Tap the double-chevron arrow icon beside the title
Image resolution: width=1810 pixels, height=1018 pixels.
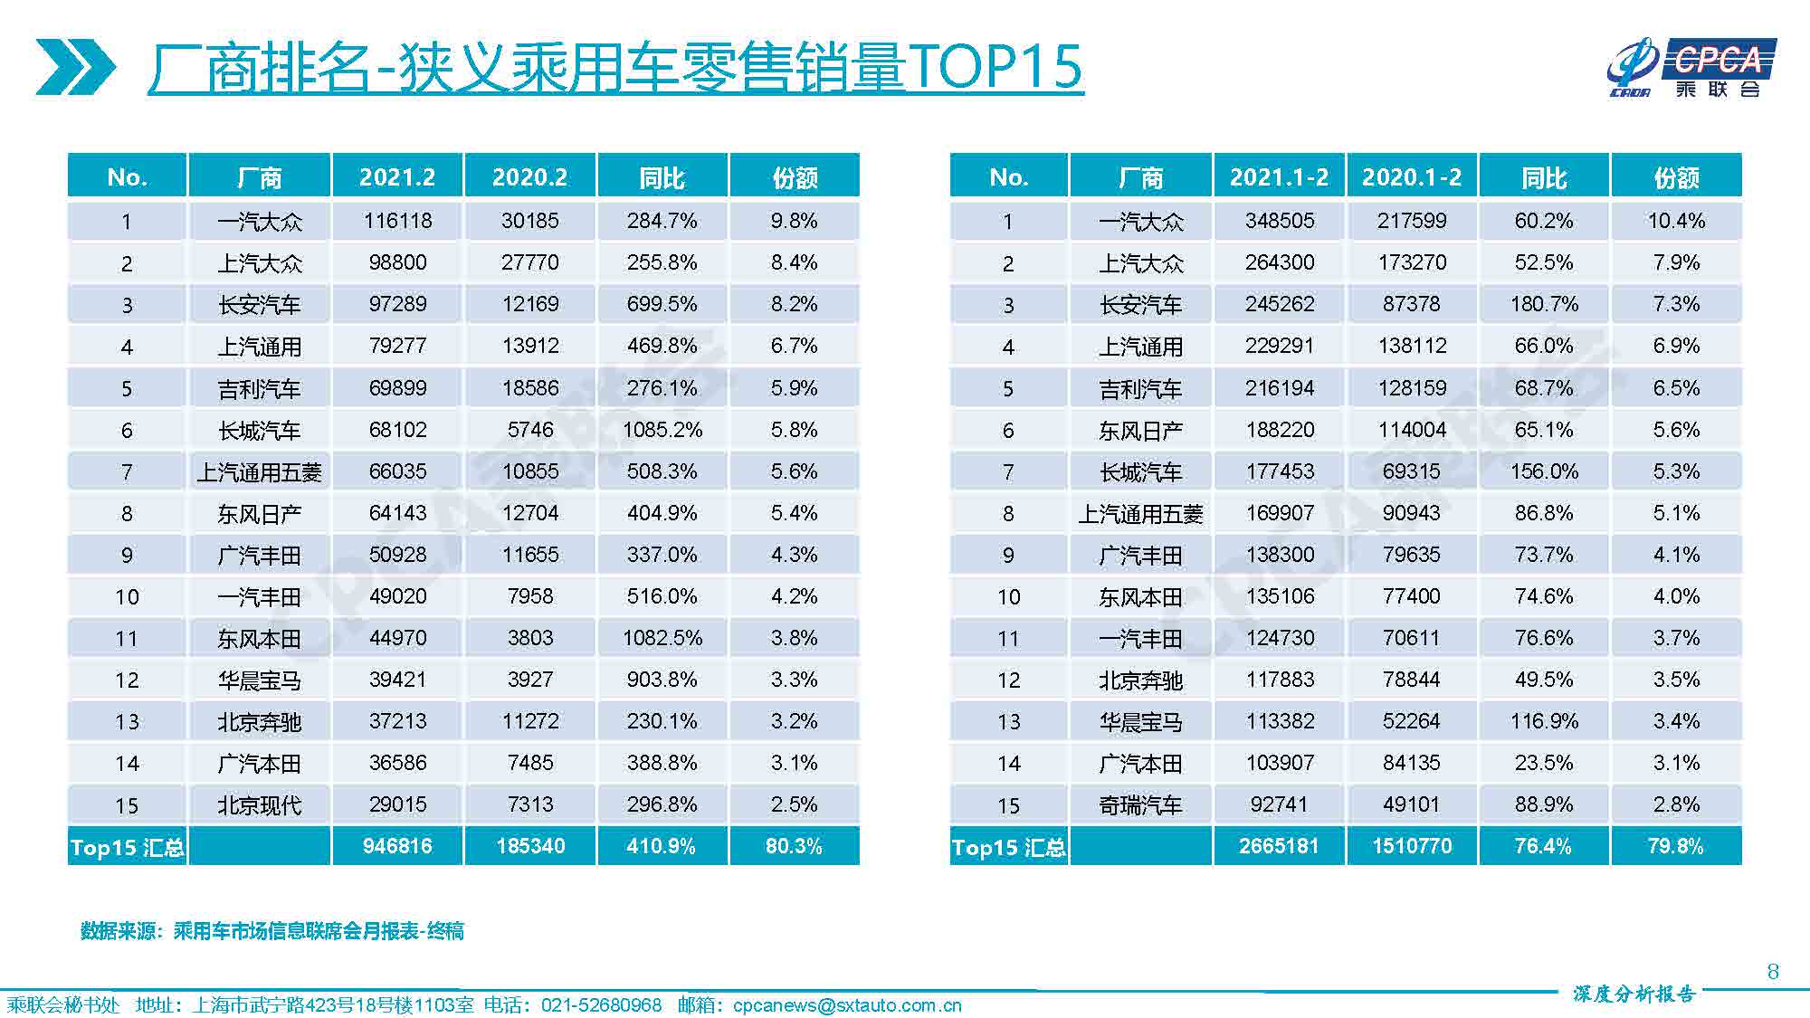pyautogui.click(x=76, y=68)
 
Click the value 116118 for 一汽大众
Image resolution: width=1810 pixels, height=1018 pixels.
pyautogui.click(x=397, y=221)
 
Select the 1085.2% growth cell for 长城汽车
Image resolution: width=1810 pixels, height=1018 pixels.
pyautogui.click(x=662, y=430)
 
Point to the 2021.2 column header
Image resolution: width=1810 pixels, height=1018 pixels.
pyautogui.click(x=397, y=176)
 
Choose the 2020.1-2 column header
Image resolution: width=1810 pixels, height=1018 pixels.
pyautogui.click(x=1412, y=176)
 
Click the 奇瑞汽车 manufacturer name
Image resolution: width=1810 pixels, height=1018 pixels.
pyautogui.click(x=1140, y=805)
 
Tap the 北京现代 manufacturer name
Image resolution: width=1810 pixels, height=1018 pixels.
pyautogui.click(x=259, y=805)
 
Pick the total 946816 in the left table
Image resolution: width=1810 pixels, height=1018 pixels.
pyautogui.click(x=397, y=846)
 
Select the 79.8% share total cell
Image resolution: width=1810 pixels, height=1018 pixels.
pyautogui.click(x=1676, y=846)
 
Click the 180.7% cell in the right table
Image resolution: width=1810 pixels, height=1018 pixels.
pyautogui.click(x=1544, y=304)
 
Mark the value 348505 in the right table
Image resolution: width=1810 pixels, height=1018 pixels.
pyautogui.click(x=1279, y=221)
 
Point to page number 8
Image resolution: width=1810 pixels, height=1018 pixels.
pyautogui.click(x=1773, y=972)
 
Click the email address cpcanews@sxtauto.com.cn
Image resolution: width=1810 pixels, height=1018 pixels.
pyautogui.click(x=847, y=1005)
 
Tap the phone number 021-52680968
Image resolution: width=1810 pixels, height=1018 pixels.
pyautogui.click(x=601, y=1005)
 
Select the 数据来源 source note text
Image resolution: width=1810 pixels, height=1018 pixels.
pyautogui.click(x=271, y=931)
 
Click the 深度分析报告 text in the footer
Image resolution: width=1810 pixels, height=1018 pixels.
pyautogui.click(x=1634, y=994)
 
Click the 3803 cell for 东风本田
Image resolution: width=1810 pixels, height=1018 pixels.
pyautogui.click(x=529, y=638)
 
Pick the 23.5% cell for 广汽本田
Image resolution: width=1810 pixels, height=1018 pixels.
pyautogui.click(x=1544, y=763)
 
